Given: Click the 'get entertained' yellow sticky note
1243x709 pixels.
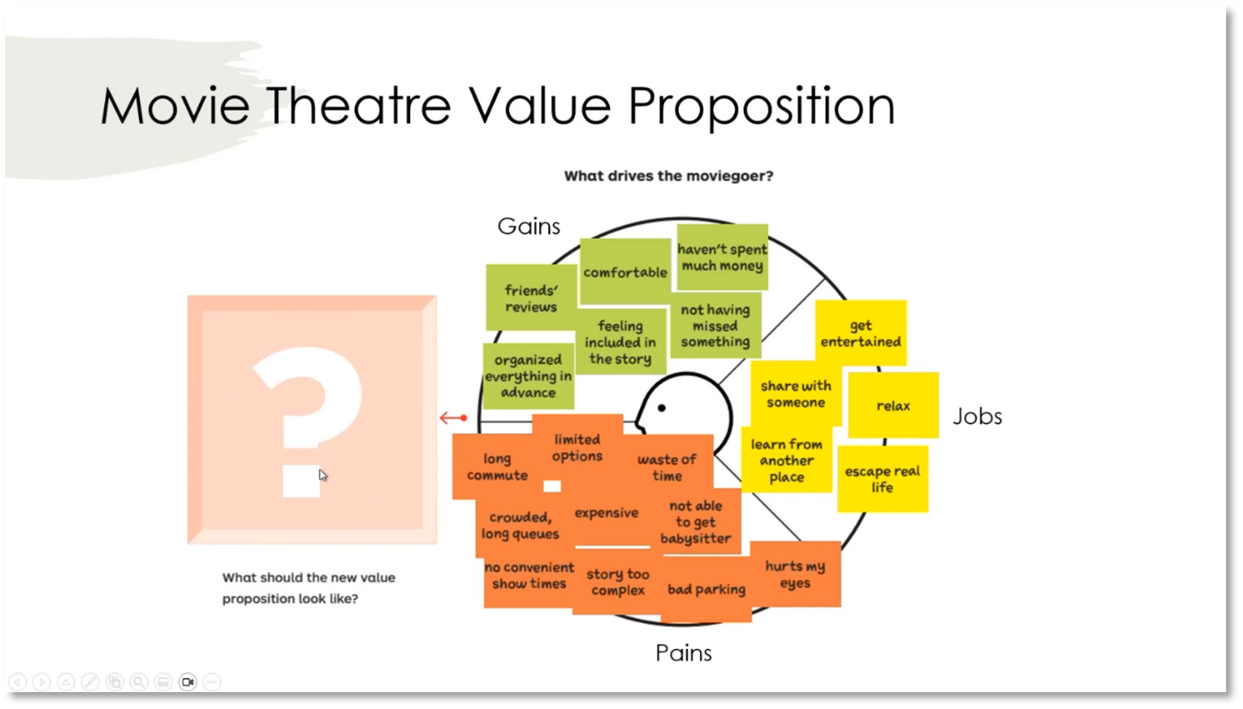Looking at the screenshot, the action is [861, 333].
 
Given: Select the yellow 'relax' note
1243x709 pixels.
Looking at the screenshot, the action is [893, 405].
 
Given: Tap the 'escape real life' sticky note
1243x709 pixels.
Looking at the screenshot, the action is [882, 479].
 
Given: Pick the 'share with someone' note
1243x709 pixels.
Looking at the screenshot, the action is [795, 394].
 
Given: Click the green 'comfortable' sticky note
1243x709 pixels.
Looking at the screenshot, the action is [625, 272].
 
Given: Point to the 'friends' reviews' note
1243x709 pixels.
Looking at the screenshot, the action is [531, 298].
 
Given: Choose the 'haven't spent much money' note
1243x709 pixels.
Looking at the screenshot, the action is [722, 257].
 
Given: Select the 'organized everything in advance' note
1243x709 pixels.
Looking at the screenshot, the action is [528, 375].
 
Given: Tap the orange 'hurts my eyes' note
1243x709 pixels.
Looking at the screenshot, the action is [795, 574].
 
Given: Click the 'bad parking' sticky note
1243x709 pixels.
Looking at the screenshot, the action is [706, 590].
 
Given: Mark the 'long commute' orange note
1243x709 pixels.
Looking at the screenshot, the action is [497, 466].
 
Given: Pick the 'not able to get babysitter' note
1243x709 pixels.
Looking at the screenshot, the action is [696, 521].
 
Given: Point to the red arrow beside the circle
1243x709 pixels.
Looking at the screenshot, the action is [452, 418].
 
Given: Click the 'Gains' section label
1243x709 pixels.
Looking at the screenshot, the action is [529, 227].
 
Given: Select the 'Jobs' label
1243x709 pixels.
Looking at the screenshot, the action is [977, 417].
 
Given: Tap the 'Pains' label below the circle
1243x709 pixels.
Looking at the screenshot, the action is [683, 653].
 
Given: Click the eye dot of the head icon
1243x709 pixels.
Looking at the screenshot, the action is [661, 408].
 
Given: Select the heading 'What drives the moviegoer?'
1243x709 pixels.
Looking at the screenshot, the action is [668, 176].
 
